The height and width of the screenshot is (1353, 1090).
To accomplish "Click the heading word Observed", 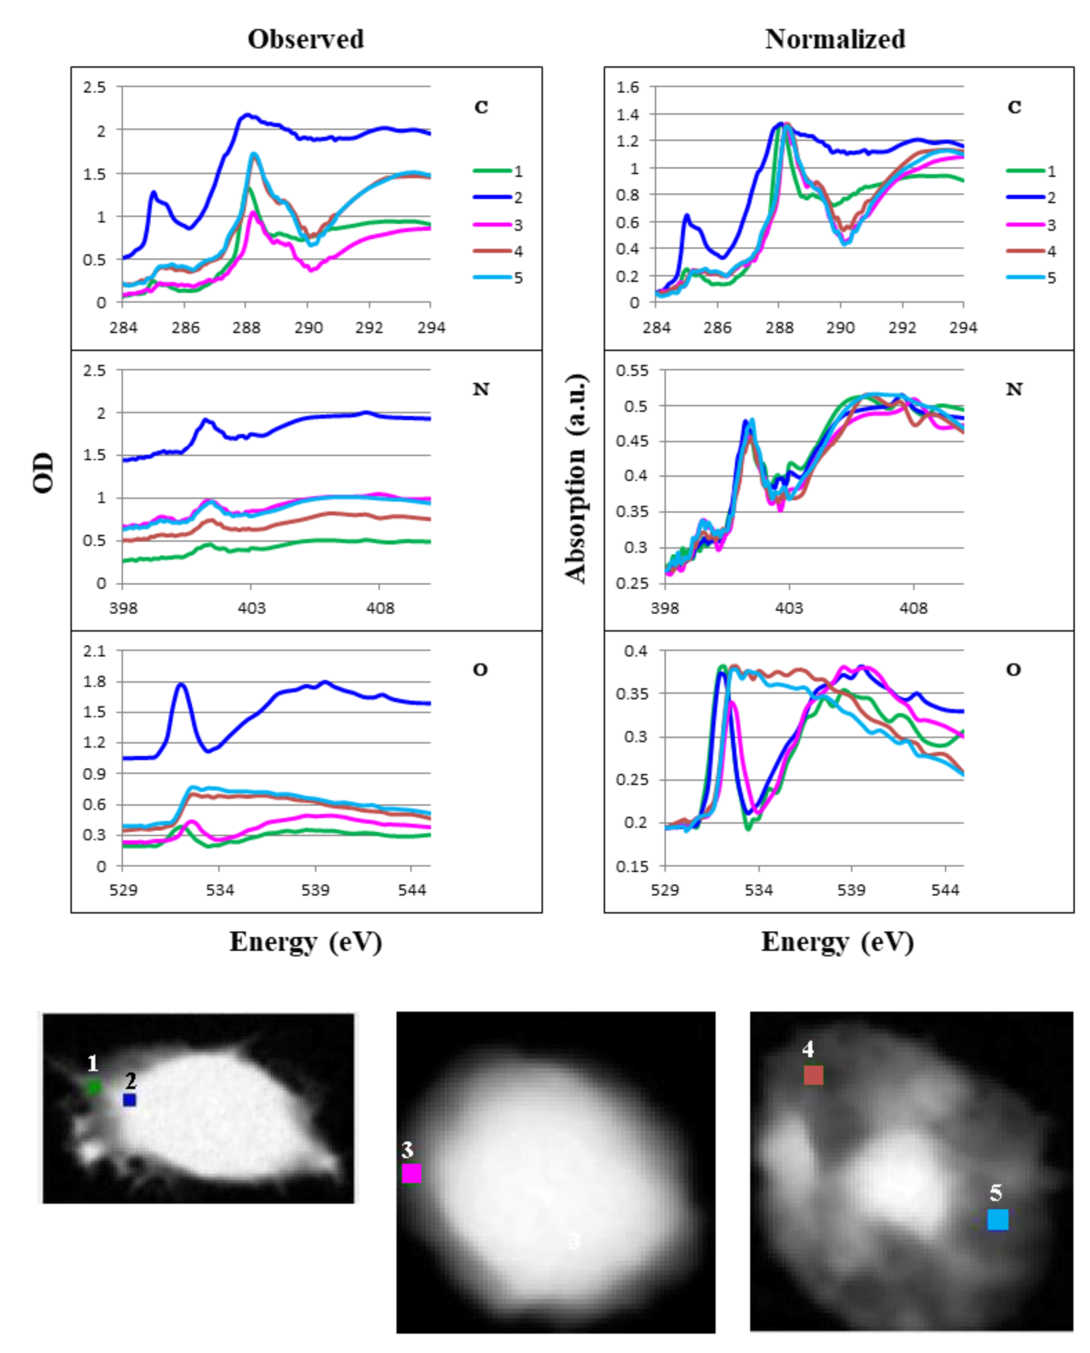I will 305,39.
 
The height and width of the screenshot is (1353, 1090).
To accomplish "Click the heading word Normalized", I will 834,39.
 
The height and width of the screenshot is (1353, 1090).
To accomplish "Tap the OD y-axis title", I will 43,473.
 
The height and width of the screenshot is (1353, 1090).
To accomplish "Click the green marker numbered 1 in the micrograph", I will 93,1087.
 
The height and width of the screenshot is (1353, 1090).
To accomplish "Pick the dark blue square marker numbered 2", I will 129,1099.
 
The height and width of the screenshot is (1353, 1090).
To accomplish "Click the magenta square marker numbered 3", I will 411,1173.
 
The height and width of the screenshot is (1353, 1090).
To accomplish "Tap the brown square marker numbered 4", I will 813,1075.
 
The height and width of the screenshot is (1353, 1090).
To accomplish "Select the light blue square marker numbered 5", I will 997,1220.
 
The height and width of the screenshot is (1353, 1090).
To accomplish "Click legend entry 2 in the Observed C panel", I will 497,198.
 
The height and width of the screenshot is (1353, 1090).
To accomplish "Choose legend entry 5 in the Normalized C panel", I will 1031,278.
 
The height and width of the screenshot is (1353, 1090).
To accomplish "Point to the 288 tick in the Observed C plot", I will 246,328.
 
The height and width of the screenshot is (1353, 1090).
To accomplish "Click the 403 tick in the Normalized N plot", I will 789,608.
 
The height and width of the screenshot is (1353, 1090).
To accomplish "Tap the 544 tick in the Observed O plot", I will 412,890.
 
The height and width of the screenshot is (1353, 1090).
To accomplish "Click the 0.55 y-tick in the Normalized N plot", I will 632,370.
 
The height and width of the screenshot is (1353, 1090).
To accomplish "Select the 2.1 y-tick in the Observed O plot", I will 95,651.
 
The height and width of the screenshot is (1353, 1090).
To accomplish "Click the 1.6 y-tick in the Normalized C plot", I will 627,87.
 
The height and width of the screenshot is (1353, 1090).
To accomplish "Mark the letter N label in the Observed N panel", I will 481,389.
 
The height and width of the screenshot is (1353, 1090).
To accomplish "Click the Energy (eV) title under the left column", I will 305,941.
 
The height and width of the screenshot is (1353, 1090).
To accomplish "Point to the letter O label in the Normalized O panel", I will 1013,670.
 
